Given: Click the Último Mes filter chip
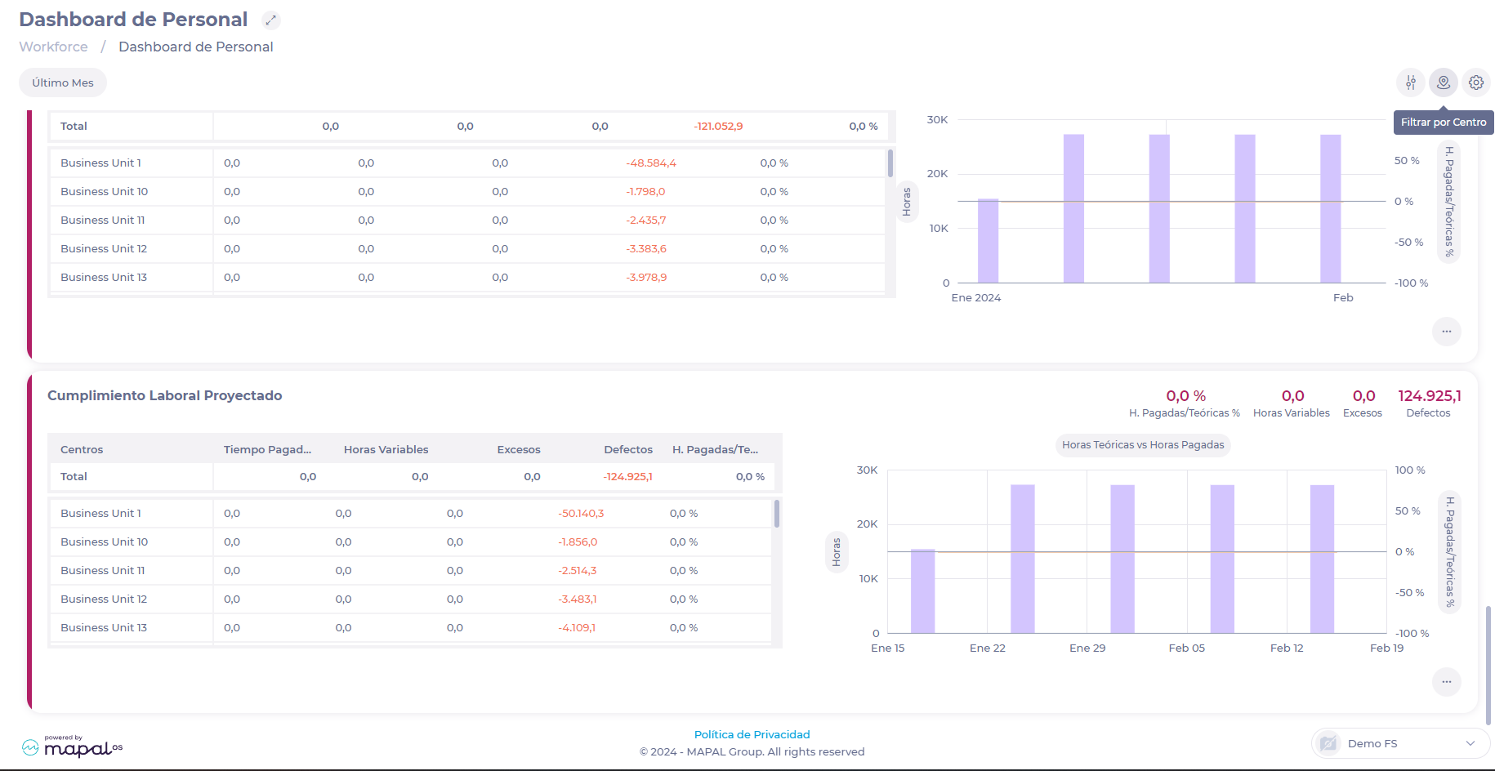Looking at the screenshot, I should pos(63,82).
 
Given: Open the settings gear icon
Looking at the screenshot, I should pos(1475,82).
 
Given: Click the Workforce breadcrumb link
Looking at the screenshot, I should pos(53,47).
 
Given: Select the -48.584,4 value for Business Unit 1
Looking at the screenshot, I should pos(650,163).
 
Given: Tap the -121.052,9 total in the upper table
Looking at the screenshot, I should pos(718,126).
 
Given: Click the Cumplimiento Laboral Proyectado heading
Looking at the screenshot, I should pos(164,395).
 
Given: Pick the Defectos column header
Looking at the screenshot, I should pos(627,449).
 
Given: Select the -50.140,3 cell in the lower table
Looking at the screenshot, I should pos(581,513).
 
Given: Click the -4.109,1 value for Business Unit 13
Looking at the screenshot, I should pos(577,627).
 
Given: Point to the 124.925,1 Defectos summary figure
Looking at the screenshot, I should pos(1429,396).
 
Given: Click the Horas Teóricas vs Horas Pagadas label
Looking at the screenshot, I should pos(1142,444).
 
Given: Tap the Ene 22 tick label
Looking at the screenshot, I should pos(987,648).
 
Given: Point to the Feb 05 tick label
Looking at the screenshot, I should pos(1186,648).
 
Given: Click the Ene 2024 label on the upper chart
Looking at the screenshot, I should pos(975,297).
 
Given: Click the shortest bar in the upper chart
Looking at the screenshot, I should pos(988,241).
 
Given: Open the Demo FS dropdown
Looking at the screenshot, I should pos(1400,743).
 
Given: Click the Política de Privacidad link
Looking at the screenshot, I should pos(752,734).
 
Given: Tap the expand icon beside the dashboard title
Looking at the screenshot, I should pos(271,20).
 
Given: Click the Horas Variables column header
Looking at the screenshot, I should pos(386,449).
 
